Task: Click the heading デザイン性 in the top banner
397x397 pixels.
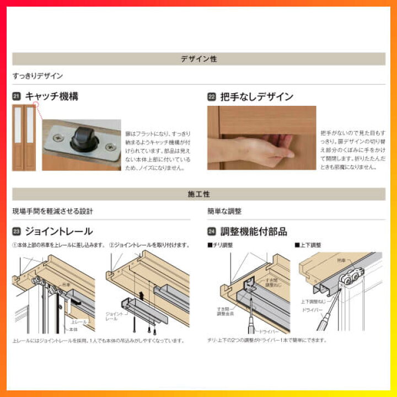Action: coord(198,59)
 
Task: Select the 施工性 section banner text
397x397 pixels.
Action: coord(198,194)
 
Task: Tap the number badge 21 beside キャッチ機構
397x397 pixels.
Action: coord(17,97)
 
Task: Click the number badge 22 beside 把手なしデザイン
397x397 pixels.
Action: coord(211,97)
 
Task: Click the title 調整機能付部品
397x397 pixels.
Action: coord(253,232)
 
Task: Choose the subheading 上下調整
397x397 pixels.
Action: coord(309,245)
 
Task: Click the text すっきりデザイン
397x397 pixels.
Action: coord(37,76)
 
